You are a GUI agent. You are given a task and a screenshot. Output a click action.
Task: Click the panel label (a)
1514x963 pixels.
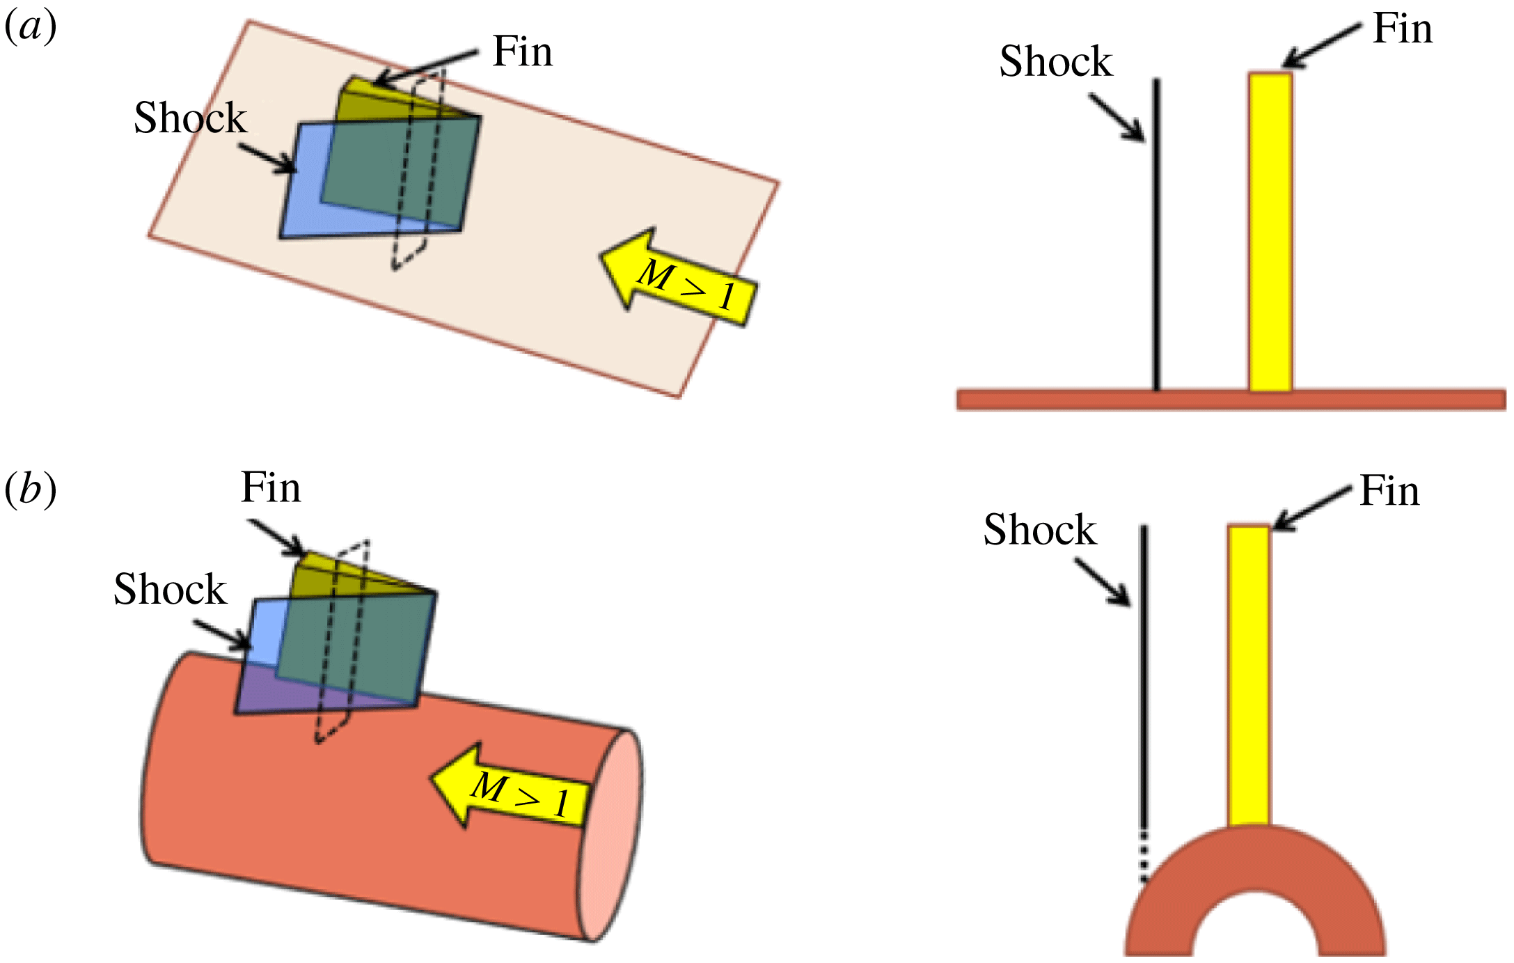(x=30, y=29)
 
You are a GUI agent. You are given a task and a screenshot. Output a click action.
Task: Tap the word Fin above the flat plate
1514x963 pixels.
(x=522, y=52)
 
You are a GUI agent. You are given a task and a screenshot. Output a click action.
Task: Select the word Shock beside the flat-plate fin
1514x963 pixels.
(x=190, y=118)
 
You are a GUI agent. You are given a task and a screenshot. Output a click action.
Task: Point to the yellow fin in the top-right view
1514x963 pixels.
(x=1270, y=230)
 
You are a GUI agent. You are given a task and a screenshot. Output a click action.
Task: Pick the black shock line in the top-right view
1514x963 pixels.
(x=1156, y=237)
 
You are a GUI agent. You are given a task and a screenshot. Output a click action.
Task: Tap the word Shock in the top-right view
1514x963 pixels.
(x=1055, y=61)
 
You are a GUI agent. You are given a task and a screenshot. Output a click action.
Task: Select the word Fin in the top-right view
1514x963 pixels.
(x=1402, y=29)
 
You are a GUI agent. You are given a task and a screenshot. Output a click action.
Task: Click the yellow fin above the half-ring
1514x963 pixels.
(x=1249, y=675)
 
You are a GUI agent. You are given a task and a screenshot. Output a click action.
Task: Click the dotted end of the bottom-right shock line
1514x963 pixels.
(x=1142, y=856)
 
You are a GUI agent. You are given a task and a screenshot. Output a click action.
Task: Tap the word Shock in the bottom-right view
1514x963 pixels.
(x=1039, y=530)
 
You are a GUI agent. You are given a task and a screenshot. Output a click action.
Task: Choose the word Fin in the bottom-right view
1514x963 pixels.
(x=1389, y=492)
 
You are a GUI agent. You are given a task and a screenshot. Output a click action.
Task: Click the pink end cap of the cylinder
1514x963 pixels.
(x=611, y=836)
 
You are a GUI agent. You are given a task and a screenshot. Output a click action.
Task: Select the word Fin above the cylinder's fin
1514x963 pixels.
(x=270, y=487)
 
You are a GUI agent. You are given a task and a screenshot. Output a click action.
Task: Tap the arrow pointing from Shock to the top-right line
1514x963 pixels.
(x=1117, y=118)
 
